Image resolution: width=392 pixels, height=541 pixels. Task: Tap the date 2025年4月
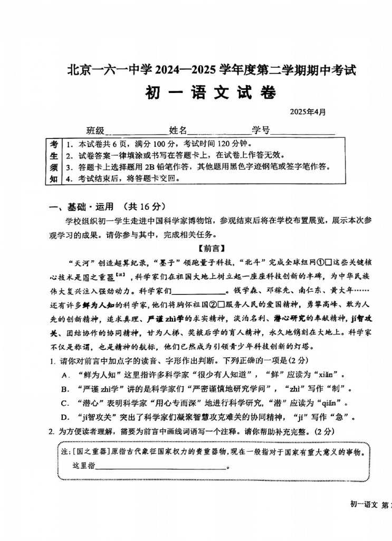click(x=308, y=112)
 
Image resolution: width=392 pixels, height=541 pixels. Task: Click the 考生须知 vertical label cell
click(x=54, y=161)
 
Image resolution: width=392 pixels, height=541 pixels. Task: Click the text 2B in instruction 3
click(x=144, y=167)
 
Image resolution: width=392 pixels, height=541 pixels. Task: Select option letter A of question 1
click(x=65, y=375)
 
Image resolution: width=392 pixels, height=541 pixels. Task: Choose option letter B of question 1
click(x=65, y=389)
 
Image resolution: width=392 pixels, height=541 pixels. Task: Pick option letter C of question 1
click(x=65, y=404)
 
